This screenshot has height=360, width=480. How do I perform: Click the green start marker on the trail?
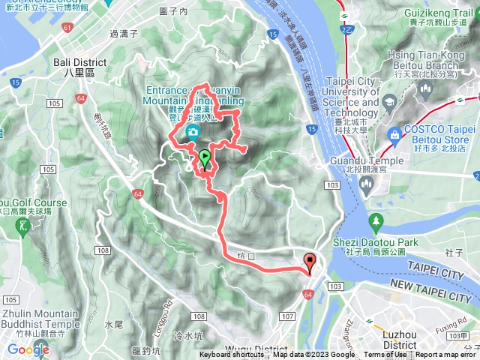tap(205, 157)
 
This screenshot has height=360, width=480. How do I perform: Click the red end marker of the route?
tap(310, 262)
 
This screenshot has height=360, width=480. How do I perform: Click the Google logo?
tap(28, 349)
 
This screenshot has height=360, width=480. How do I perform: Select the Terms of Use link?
tap(384, 355)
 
